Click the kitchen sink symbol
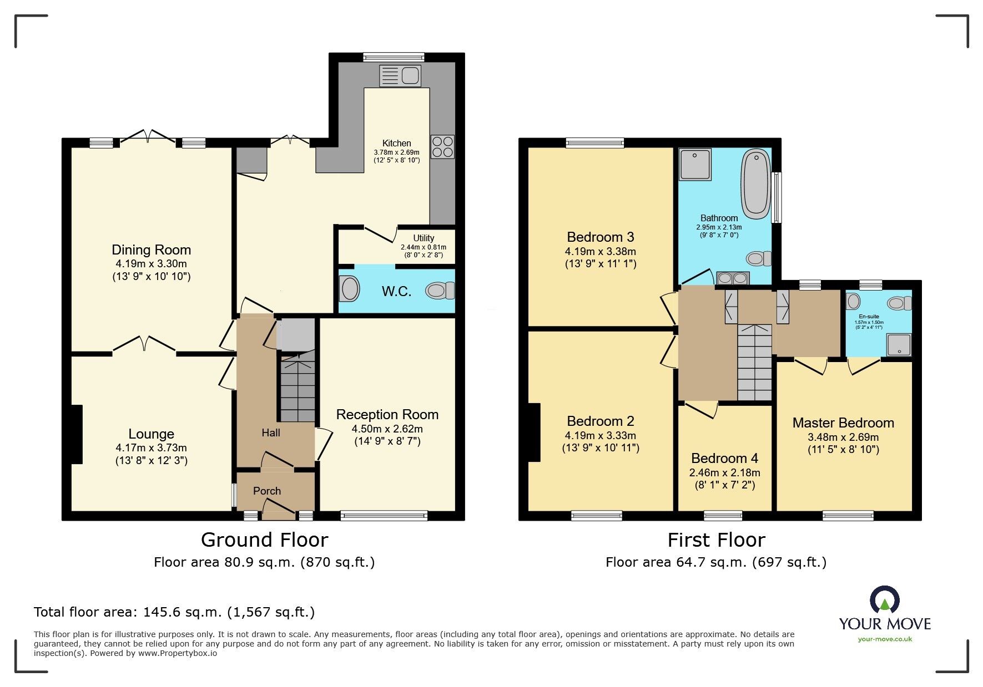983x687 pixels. point(400,76)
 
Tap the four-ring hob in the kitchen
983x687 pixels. point(442,146)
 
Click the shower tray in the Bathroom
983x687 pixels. point(695,164)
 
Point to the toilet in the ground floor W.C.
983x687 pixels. point(440,290)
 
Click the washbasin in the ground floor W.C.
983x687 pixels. point(350,289)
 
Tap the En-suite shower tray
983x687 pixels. point(899,344)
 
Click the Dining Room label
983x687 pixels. point(151,250)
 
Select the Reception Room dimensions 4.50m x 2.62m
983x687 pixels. point(387,429)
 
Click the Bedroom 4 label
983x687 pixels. point(724,459)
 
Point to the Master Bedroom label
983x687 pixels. point(843,423)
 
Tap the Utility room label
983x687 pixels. point(424,238)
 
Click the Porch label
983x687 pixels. point(267,491)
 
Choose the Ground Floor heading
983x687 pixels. point(264,540)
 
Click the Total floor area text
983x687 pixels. point(174,612)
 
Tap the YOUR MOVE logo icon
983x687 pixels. point(884,600)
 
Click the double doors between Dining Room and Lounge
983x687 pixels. point(144,345)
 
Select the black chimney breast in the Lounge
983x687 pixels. point(77,434)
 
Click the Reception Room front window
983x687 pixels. point(384,516)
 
